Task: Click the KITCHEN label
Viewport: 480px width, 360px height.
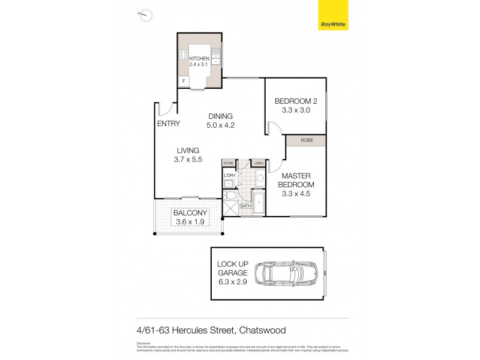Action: click(199, 58)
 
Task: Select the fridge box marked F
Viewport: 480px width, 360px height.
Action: click(183, 81)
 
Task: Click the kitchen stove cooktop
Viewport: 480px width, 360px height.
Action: click(182, 56)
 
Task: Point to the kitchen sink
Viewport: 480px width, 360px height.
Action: click(217, 59)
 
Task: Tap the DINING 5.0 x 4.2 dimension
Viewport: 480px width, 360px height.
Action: click(220, 126)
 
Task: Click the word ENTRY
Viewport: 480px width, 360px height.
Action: click(168, 124)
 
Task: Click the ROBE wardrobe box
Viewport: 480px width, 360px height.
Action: click(305, 140)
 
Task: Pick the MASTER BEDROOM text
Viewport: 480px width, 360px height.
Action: click(296, 180)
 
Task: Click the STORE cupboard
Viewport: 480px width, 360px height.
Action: click(228, 163)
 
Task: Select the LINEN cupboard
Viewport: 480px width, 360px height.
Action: click(259, 163)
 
